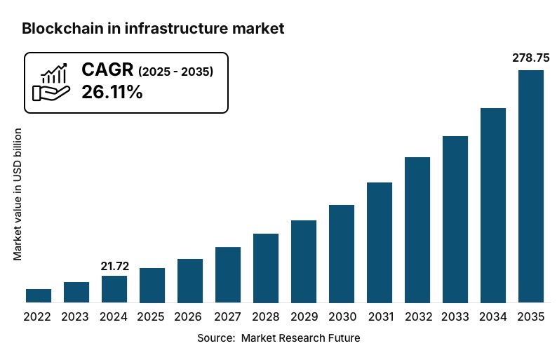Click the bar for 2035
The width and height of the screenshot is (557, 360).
531,187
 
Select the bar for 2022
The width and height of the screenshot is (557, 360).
39,295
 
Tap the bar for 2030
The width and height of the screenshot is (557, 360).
342,254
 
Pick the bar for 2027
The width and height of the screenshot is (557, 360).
228,275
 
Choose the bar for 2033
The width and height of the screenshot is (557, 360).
455,220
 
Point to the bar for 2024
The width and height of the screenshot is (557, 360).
114,289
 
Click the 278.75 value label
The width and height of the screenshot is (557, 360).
531,58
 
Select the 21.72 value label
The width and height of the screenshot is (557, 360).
114,265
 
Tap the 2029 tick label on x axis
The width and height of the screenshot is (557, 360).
304,317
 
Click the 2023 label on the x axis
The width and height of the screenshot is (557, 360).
76,317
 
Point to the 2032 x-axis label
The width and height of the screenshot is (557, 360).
417,317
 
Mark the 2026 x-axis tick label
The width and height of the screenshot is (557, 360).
190,317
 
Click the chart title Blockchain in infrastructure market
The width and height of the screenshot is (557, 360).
153,29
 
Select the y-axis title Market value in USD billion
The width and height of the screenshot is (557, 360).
18,194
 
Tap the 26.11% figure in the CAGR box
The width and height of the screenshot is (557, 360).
112,92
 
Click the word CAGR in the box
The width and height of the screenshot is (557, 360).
107,69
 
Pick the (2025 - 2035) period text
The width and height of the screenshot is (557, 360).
175,71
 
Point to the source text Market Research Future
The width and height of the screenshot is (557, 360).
300,338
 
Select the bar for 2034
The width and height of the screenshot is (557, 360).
493,206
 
